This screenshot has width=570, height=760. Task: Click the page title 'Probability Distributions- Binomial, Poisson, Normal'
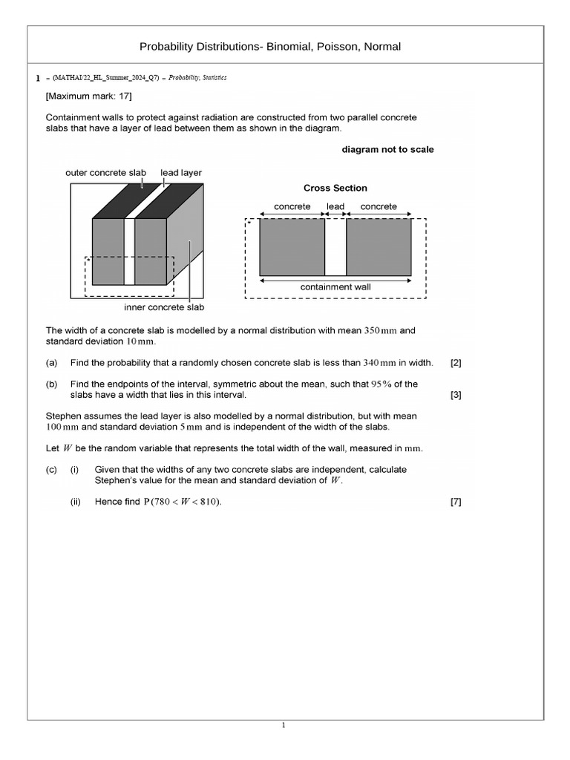pos(270,47)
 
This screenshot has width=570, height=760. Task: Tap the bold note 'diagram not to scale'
pos(387,149)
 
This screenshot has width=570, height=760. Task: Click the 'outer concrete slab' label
pos(106,172)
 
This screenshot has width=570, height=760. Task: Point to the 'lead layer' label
pos(181,172)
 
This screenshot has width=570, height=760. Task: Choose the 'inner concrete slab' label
pos(164,307)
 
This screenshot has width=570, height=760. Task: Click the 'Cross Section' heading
pos(335,188)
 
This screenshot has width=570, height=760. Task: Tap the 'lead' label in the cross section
pos(335,206)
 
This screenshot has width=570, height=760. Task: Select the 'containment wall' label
pos(335,286)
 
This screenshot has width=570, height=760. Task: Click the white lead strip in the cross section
pos(335,247)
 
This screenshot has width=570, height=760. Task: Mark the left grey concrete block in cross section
pos(292,247)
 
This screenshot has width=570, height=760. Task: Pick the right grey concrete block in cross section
pos(379,247)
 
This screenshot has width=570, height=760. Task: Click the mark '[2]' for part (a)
pos(456,363)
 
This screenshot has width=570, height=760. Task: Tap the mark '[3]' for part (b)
pos(456,395)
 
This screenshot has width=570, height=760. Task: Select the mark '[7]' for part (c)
pos(456,502)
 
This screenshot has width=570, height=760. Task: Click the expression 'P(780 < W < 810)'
pos(182,502)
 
